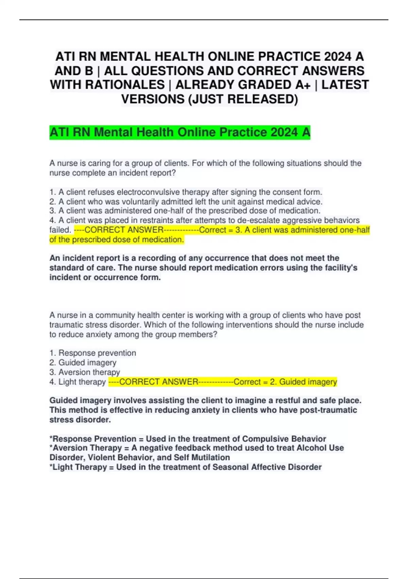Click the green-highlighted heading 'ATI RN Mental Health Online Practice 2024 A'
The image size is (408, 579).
[x=180, y=132]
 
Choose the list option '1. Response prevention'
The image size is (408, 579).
[x=93, y=353]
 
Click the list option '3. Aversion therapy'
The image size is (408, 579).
[x=85, y=372]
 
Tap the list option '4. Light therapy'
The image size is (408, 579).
[x=78, y=382]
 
